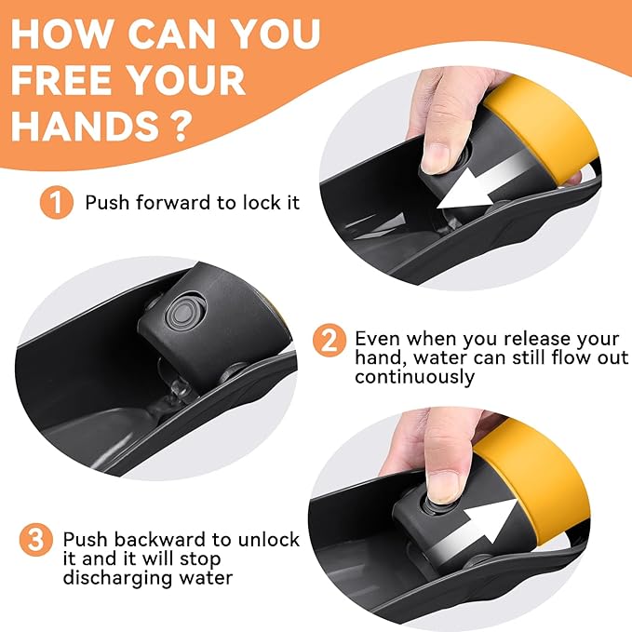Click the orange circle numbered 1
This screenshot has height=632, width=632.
[57, 202]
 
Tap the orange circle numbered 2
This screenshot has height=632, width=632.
[329, 341]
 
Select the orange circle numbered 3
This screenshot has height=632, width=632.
[36, 540]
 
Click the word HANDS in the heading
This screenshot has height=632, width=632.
[85, 127]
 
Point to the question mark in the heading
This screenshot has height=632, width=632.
[177, 127]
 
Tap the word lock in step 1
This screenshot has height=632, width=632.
[259, 202]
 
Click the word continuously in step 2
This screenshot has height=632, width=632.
[415, 378]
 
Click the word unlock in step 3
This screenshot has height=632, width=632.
[269, 539]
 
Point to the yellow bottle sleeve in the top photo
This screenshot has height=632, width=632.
[539, 129]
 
